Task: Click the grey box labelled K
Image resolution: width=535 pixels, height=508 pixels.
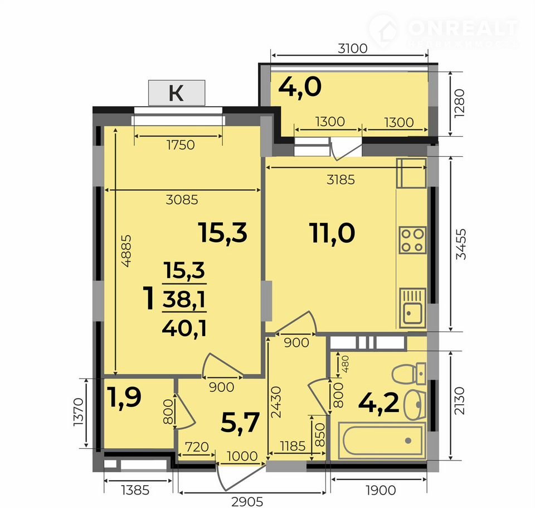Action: point(177,93)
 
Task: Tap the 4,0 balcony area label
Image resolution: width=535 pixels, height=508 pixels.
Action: point(300,87)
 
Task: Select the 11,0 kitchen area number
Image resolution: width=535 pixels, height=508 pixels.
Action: point(332,233)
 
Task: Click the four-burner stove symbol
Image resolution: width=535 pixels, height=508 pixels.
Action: point(412,240)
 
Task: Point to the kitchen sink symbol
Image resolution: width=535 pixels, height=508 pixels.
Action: point(413,308)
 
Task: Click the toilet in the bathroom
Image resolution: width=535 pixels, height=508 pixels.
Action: point(408,374)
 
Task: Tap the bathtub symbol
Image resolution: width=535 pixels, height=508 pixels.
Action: point(382,440)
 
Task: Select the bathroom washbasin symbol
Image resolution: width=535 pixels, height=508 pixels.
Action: point(415,405)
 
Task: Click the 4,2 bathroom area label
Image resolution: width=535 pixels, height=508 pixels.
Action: point(379,402)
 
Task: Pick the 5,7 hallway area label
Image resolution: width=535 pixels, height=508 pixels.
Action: point(240,423)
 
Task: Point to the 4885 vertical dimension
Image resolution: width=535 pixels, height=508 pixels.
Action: point(127,251)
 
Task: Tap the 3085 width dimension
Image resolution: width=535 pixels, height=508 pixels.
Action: point(182,200)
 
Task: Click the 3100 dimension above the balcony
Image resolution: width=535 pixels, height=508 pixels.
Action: point(353,49)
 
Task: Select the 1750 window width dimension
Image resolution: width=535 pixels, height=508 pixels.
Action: point(181,145)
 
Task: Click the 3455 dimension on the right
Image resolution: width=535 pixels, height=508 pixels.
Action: point(461,244)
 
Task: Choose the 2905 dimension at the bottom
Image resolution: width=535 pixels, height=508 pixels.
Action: point(247,502)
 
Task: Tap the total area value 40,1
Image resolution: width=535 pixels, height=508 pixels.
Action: point(184,328)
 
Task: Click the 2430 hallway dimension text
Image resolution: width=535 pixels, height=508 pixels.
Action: point(276,402)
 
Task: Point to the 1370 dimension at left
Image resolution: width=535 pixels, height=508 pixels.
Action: point(79,412)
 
